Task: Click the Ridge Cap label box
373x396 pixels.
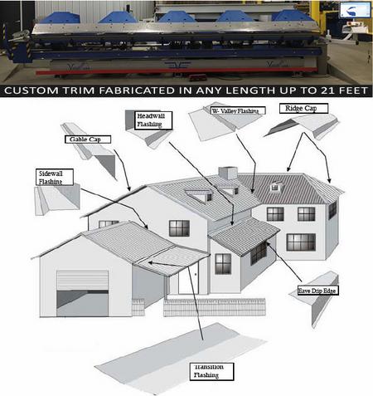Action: (303, 108)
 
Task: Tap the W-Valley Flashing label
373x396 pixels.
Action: (238, 110)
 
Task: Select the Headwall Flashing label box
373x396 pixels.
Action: (154, 120)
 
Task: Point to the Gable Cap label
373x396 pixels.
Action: (88, 139)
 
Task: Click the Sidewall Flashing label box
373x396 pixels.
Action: (55, 177)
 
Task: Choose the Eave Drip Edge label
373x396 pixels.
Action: (317, 291)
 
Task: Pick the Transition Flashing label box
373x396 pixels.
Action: (211, 371)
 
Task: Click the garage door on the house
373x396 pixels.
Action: (82, 293)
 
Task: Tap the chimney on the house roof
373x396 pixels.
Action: (228, 173)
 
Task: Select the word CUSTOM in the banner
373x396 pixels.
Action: (31, 90)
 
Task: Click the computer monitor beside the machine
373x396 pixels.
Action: (355, 10)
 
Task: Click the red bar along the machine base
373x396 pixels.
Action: (177, 71)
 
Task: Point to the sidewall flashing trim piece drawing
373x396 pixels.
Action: (57, 198)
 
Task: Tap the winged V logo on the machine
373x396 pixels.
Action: (177, 66)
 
